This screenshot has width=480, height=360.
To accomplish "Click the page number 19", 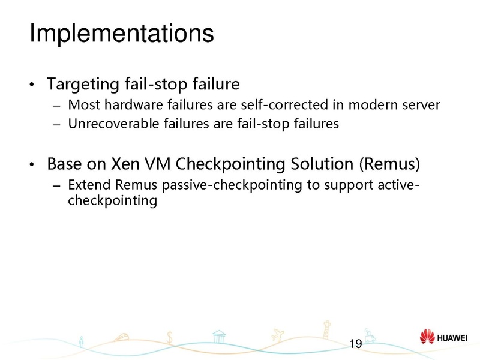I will (355, 344).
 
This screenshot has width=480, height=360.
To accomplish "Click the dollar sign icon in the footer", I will (171, 338).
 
